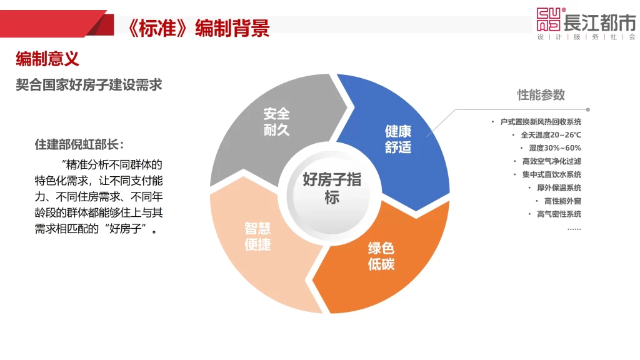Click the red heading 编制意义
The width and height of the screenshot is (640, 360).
(47, 59)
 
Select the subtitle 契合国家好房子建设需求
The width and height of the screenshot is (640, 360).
(89, 85)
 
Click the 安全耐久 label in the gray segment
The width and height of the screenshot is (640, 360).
(276, 121)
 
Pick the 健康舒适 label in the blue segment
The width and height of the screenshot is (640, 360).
(398, 139)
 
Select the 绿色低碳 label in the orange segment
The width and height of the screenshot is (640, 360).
(381, 256)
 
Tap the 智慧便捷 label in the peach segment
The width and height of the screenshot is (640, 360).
(257, 236)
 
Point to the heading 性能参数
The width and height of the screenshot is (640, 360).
(541, 95)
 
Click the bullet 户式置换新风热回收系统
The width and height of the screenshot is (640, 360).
(541, 122)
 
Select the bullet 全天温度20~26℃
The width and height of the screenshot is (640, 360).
(551, 135)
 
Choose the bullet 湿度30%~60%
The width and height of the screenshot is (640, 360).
(555, 147)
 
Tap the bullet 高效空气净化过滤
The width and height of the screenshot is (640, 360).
(552, 161)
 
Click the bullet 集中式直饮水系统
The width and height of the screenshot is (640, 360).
(552, 174)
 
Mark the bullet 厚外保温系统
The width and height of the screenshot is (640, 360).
(559, 187)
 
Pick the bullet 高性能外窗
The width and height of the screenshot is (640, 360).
(563, 201)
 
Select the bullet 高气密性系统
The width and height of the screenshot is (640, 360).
(559, 214)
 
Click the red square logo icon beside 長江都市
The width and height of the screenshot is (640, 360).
(549, 19)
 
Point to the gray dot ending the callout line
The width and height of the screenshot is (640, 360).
(587, 110)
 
